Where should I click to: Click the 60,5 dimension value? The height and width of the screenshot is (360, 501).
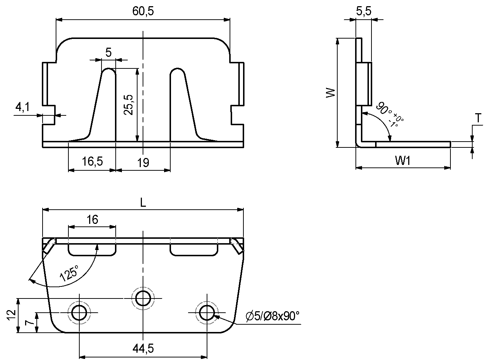point(143,11)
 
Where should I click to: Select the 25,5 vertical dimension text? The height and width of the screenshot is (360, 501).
point(128,105)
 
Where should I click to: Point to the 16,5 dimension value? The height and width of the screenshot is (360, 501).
point(92,162)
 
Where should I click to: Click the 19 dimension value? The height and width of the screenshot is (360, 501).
point(143,162)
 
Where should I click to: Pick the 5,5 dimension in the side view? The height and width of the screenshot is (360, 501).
point(363,12)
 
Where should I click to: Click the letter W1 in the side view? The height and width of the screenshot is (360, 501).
point(403,161)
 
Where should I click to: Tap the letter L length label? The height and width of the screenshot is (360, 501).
point(143,203)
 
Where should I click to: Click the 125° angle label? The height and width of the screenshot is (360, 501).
point(69,274)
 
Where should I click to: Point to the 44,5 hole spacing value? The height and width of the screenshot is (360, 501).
point(143,349)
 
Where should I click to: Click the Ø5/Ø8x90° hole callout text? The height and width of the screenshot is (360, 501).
point(273,316)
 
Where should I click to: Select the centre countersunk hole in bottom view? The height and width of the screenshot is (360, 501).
point(143,298)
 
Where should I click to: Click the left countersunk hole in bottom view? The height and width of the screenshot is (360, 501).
point(79,313)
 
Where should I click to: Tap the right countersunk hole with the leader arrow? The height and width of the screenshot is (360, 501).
point(207,313)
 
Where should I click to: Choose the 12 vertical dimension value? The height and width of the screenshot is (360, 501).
point(11,315)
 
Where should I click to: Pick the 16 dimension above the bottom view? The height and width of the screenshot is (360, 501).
point(92,219)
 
